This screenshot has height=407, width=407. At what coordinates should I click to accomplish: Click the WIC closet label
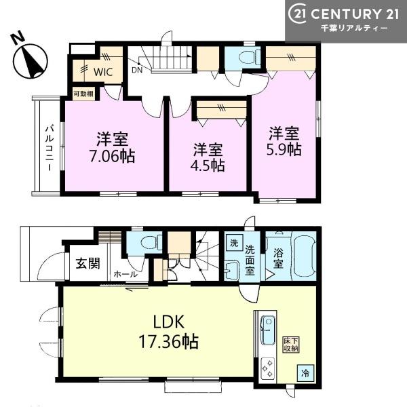coord(103,72)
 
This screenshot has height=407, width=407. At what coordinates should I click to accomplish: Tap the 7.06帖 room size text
coord(113,157)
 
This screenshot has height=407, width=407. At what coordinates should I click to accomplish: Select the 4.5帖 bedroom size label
coord(208,166)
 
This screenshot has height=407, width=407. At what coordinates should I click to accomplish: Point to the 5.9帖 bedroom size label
coord(284,149)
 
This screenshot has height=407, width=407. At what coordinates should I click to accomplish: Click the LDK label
coord(169,322)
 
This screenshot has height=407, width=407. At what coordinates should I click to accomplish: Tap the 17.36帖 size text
coord(169,342)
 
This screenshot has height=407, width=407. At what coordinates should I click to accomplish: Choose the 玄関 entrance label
coord(88,264)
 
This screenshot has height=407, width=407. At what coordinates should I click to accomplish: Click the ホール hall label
coord(125,274)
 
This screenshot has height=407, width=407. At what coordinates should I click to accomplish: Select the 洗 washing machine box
coord(234,243)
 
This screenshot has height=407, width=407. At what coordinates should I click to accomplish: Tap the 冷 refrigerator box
coord(305,373)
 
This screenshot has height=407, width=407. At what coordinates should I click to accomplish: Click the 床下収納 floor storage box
coord(291,345)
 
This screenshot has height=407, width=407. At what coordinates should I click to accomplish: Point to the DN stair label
coord(137,70)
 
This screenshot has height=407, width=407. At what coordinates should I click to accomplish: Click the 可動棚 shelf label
coord(83,94)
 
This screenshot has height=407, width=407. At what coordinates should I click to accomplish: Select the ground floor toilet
coord(151,242)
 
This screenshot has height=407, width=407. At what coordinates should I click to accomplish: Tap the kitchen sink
coord(268,330)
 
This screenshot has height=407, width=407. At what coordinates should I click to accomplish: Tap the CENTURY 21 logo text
coord(344,14)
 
